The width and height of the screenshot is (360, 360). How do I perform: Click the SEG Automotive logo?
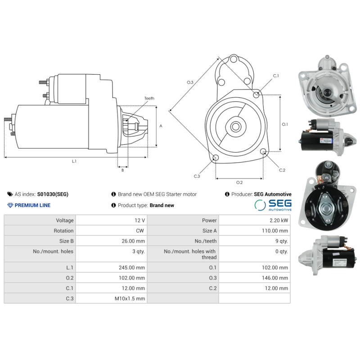[x=273, y=205]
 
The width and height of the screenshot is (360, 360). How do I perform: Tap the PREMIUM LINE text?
[x=32, y=205]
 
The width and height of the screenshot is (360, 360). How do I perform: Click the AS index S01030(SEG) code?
[x=53, y=194]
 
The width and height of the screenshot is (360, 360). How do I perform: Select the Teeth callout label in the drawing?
[x=149, y=98]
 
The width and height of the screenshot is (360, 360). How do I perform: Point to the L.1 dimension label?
[x=74, y=161]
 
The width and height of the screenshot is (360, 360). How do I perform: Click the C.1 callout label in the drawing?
[x=276, y=76]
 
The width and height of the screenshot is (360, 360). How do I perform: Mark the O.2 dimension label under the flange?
[x=239, y=182]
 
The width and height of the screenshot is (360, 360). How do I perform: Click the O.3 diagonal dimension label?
[x=190, y=82]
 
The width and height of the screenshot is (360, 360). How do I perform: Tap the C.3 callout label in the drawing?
[x=197, y=176]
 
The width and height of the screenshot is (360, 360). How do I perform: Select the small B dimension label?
[x=122, y=170]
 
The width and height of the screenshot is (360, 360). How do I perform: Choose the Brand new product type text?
[x=162, y=205]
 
